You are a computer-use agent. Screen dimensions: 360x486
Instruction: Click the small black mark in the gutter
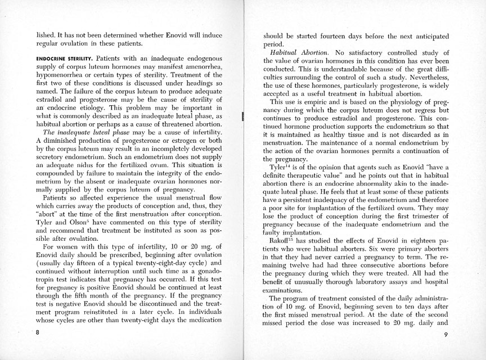242,117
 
